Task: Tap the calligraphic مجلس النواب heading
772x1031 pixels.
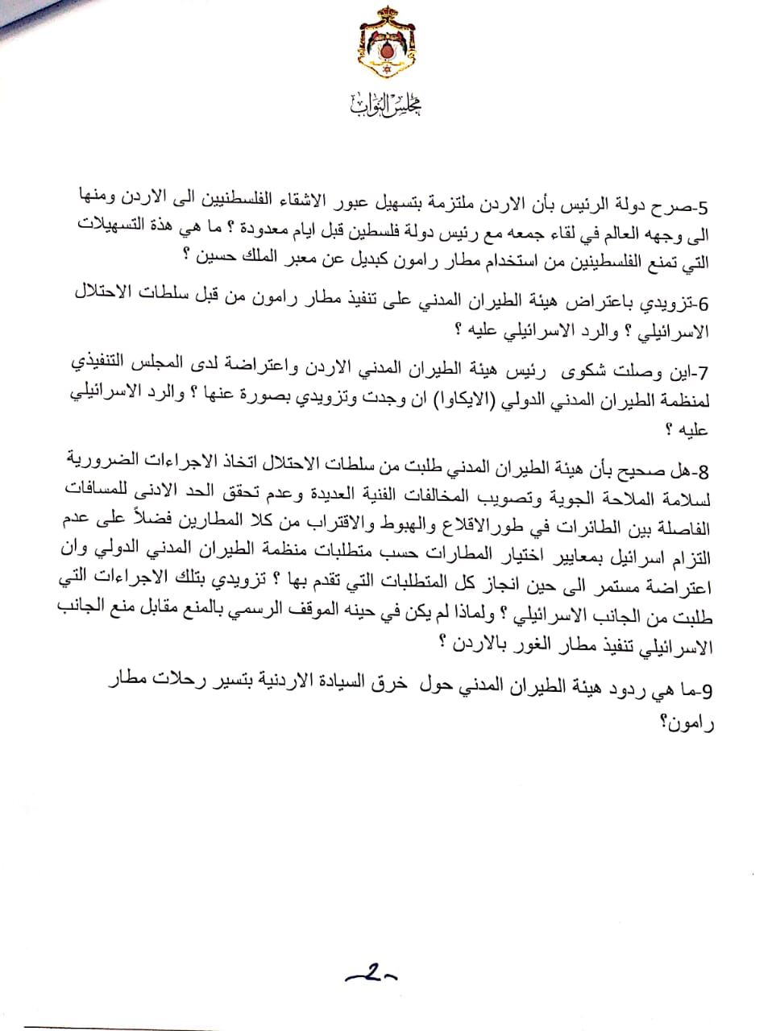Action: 388,104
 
